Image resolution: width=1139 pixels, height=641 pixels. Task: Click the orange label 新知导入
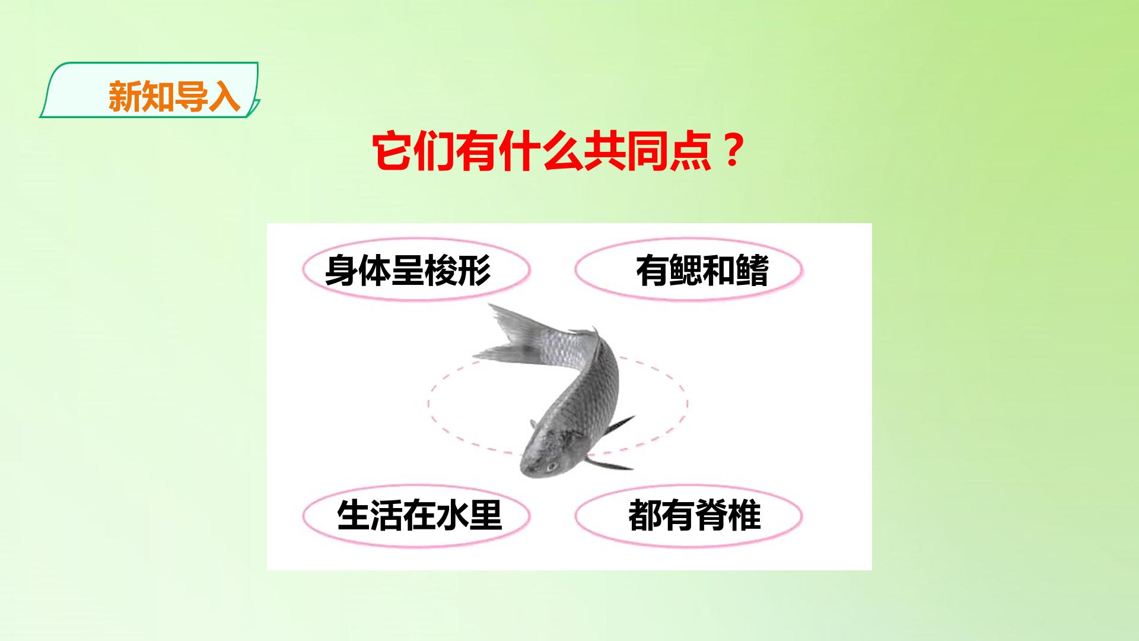(174, 96)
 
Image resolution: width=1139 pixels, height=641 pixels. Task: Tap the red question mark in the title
(734, 152)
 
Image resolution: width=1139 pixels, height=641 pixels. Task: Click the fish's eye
(551, 465)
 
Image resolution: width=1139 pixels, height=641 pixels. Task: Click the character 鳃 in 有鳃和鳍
(685, 271)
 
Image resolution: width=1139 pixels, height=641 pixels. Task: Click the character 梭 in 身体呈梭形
(441, 271)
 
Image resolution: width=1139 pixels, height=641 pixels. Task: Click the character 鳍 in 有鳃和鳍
(752, 271)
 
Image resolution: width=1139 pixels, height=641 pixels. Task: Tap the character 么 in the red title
(564, 153)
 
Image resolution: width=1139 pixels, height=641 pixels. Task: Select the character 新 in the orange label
(125, 96)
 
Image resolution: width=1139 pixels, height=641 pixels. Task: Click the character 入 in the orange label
(224, 96)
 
